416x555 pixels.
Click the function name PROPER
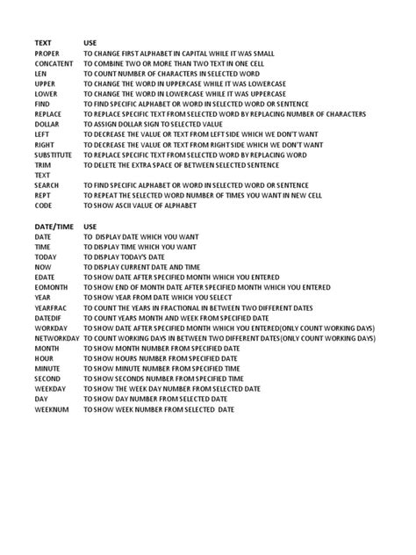click(x=47, y=54)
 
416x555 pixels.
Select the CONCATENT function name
click(x=54, y=65)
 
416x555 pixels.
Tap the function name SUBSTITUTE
click(x=55, y=154)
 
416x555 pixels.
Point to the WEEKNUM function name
click(x=52, y=409)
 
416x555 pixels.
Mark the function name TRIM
click(x=43, y=164)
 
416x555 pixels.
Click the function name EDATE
click(x=46, y=275)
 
